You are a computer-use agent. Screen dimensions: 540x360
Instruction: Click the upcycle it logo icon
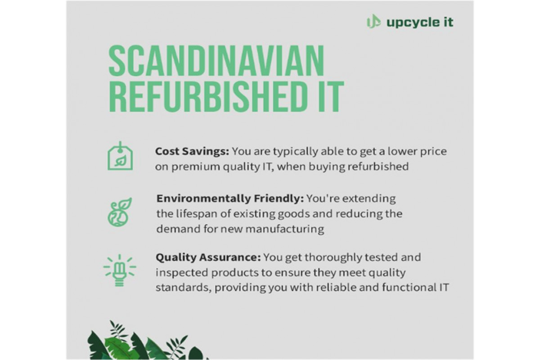[x=373, y=22]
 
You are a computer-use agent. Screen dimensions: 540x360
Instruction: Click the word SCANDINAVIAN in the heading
[x=216, y=60]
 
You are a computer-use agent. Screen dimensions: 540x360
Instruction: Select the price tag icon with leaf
[x=120, y=156]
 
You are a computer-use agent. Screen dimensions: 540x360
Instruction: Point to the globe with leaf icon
[x=120, y=212]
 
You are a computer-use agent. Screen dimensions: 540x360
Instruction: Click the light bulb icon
[x=120, y=270]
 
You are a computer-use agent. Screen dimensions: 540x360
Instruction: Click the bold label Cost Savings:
[x=192, y=152]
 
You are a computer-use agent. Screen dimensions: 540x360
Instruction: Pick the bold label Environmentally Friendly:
[x=230, y=198]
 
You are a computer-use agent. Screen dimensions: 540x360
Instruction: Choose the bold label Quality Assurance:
[x=208, y=257]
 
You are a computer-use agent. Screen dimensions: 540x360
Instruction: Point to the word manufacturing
[x=285, y=229]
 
